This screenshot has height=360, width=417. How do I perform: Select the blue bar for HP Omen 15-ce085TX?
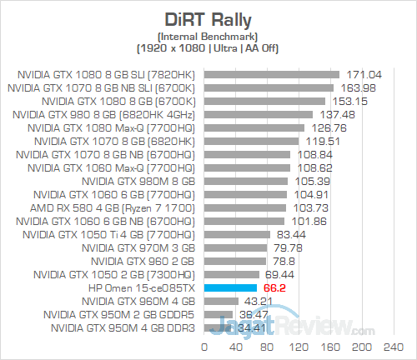(x=229, y=287)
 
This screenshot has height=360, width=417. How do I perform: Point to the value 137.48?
(x=334, y=114)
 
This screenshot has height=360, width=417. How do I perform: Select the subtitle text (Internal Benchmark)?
(x=208, y=35)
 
